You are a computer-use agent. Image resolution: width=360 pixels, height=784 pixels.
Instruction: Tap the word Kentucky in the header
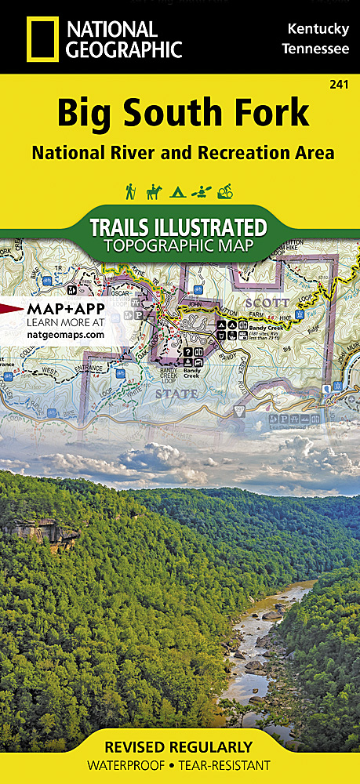click(318, 29)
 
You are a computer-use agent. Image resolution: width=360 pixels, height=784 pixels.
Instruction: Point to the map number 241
click(340, 84)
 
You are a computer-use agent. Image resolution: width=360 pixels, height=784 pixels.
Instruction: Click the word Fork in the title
click(271, 114)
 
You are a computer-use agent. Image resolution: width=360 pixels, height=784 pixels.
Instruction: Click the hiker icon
click(131, 191)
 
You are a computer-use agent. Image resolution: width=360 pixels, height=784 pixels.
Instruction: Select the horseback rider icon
click(155, 191)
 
